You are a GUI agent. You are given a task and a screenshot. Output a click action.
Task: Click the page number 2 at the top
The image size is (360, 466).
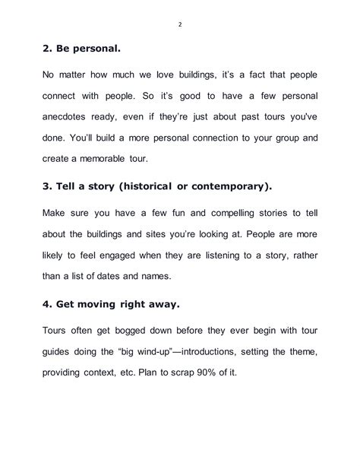pyautogui.click(x=180, y=24)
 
